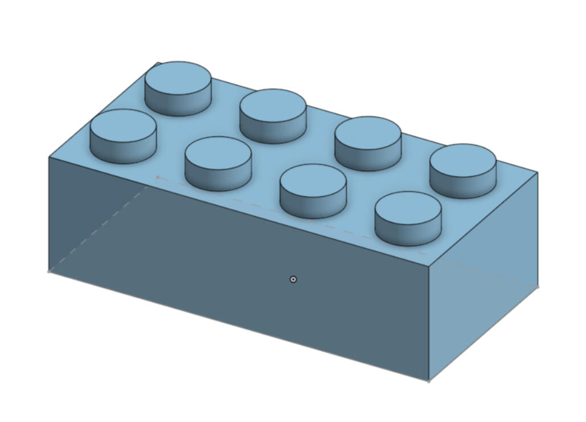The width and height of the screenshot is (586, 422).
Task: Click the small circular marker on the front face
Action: click(293, 279)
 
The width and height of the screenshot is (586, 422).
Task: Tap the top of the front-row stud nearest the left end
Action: click(123, 126)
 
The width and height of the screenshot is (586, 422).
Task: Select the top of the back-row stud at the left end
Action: click(178, 78)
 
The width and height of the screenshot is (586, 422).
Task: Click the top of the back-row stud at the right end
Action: click(462, 161)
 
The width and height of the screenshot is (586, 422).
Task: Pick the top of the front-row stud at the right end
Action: click(408, 208)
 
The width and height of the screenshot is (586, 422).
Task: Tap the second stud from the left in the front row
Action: click(218, 153)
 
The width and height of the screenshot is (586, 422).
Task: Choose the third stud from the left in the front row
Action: click(313, 181)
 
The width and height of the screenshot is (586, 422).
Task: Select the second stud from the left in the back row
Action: click(273, 105)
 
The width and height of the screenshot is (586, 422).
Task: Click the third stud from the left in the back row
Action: click(368, 133)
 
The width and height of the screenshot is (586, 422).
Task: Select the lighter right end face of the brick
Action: click(484, 274)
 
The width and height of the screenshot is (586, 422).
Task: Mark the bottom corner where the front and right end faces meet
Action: click(428, 381)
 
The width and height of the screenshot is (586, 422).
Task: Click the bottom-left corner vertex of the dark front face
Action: click(49, 271)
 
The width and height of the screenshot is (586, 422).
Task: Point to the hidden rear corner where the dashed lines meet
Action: click(158, 177)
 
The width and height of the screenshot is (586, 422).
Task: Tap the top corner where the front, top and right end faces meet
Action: click(429, 266)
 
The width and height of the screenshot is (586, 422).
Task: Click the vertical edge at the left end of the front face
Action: click(49, 214)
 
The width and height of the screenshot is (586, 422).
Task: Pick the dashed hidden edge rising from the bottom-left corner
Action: click(103, 225)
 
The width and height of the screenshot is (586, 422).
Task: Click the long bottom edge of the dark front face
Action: click(239, 326)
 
